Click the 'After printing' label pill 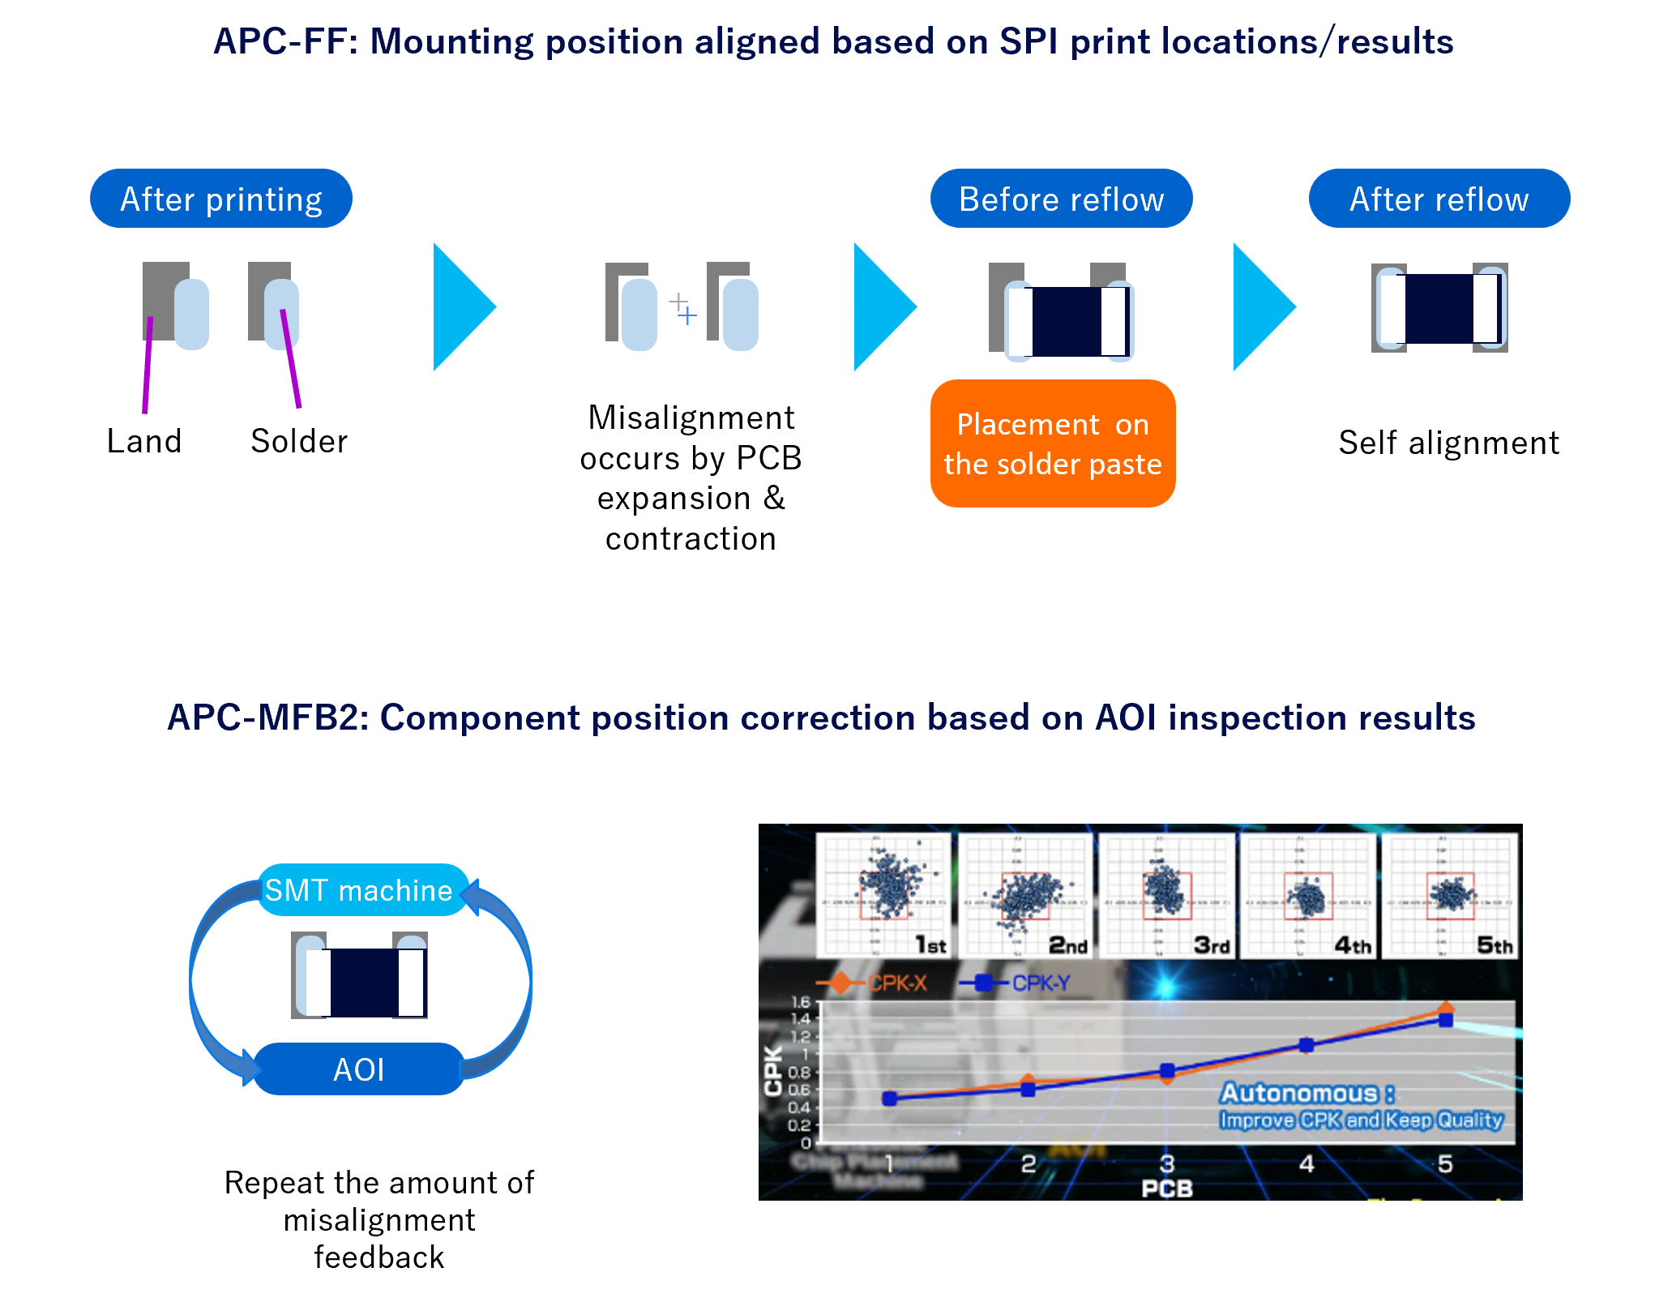(220, 199)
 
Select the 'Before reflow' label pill (1061, 199)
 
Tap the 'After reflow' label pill (1439, 199)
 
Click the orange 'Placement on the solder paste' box (1052, 443)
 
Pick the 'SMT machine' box (359, 890)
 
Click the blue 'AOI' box (359, 1069)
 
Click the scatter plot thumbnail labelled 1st (883, 895)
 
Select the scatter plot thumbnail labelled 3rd (1166, 895)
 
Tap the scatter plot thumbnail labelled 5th (1449, 895)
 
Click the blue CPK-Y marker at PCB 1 (889, 1099)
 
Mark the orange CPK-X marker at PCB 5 (1446, 1009)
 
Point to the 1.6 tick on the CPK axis (801, 1003)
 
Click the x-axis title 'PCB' (1166, 1189)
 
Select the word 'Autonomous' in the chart (1298, 1093)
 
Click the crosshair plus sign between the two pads (682, 309)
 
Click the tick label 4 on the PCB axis (1306, 1164)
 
